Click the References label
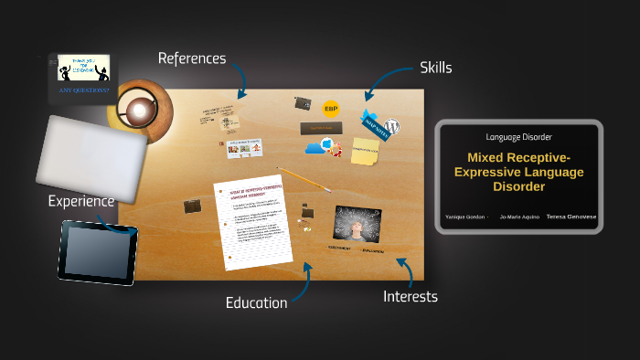[191, 58]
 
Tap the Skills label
[435, 68]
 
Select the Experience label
[81, 201]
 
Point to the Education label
[256, 302]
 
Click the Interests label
[410, 296]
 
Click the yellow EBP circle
[332, 110]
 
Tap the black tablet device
[100, 249]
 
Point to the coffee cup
[139, 111]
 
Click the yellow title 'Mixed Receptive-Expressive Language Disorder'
[518, 172]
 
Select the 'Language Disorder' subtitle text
[518, 137]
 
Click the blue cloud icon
[315, 148]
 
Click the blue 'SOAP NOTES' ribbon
[375, 124]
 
